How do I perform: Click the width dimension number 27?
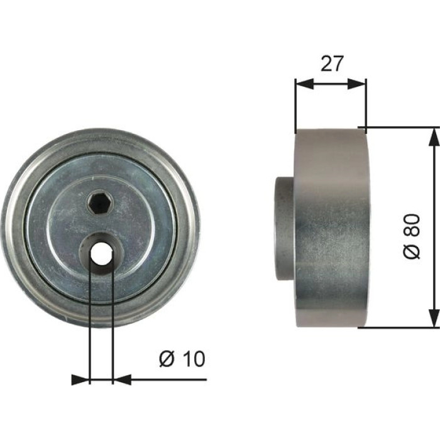coord(332,63)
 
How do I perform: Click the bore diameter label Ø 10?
coord(182,358)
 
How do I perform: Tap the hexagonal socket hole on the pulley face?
coord(100,203)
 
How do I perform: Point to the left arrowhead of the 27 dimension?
coord(304,84)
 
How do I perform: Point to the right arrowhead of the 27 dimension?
coord(356,84)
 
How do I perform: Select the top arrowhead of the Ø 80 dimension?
coord(434,136)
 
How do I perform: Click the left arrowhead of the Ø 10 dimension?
coord(80,380)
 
